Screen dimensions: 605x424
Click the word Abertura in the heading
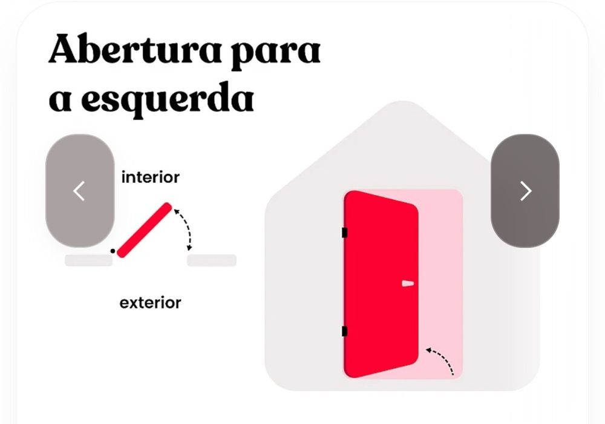point(135,50)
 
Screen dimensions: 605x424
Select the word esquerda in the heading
point(167,98)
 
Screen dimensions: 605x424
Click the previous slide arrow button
point(80,191)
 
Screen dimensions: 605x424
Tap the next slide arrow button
point(525,191)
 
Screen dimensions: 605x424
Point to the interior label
point(151,177)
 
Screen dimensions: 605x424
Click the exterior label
point(151,303)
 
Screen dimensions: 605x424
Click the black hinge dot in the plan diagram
point(113,251)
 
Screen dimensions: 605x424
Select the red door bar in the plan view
point(145,230)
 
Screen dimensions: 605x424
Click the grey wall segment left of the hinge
point(89,260)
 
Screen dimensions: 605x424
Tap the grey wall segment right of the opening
point(211,260)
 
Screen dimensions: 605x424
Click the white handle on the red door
point(408,283)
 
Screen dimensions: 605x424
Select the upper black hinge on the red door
point(345,233)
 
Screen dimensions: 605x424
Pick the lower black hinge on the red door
point(345,331)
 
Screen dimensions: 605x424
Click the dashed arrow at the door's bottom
point(443,359)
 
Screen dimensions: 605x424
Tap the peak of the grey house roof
point(403,102)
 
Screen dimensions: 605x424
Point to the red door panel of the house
point(381,284)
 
